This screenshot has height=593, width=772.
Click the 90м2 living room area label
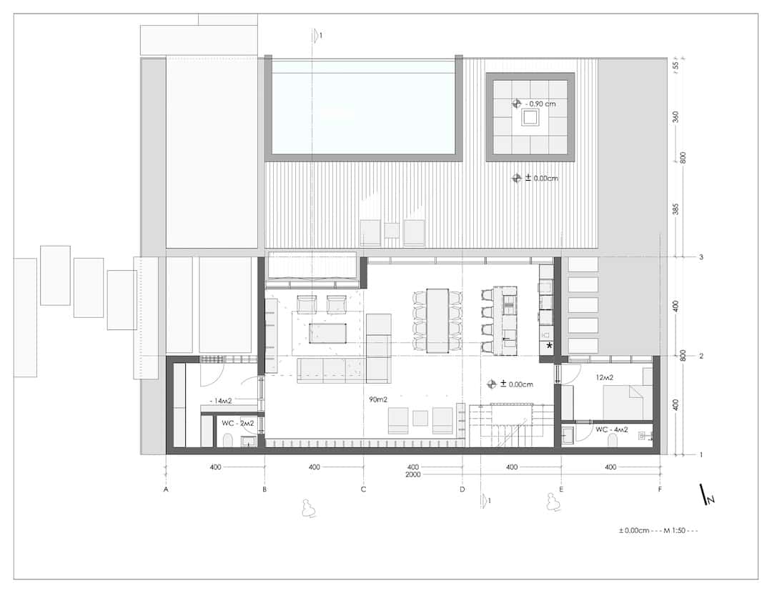tap(378, 399)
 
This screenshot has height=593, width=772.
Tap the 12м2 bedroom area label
tap(604, 377)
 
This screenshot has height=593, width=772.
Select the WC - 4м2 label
tap(611, 429)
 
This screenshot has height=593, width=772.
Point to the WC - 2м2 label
tap(237, 423)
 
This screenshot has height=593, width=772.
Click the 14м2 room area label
tap(221, 401)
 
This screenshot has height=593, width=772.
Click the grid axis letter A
tap(166, 489)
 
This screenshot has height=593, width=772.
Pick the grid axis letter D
tap(462, 489)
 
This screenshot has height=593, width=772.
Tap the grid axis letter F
tap(660, 489)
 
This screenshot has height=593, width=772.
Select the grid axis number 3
tap(701, 257)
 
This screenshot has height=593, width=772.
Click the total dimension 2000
tap(412, 474)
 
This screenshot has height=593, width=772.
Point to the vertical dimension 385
tap(675, 209)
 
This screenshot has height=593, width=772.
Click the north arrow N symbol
tap(708, 494)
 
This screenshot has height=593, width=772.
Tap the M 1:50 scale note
tap(674, 531)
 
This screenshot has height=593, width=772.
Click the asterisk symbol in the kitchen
tap(549, 346)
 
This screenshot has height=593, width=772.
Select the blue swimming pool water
tap(363, 107)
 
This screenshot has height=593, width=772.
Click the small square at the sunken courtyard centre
tap(530, 117)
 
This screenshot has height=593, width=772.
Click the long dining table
tap(437, 320)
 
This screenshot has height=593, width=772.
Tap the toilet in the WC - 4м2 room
tap(613, 441)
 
